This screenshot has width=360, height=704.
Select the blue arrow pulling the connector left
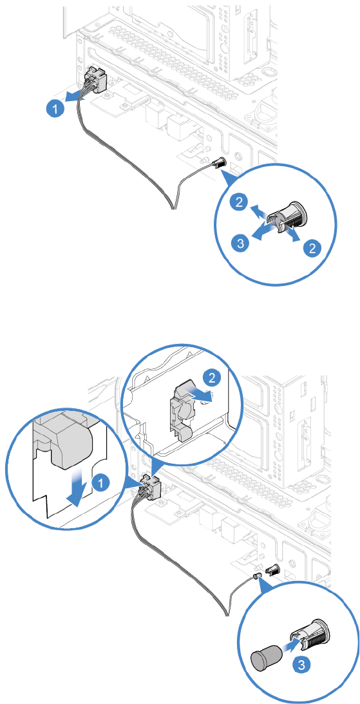pos(77,95)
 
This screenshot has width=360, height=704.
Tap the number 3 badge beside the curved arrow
pos(241,243)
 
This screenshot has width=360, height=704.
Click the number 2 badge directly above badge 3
pos(242,204)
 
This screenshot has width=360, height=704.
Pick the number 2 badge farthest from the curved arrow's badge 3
pos(312,247)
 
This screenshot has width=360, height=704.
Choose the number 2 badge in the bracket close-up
pos(211,377)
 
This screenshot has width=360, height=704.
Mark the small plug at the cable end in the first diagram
pos(219,164)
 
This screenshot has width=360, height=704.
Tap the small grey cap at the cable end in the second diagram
pos(258,575)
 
